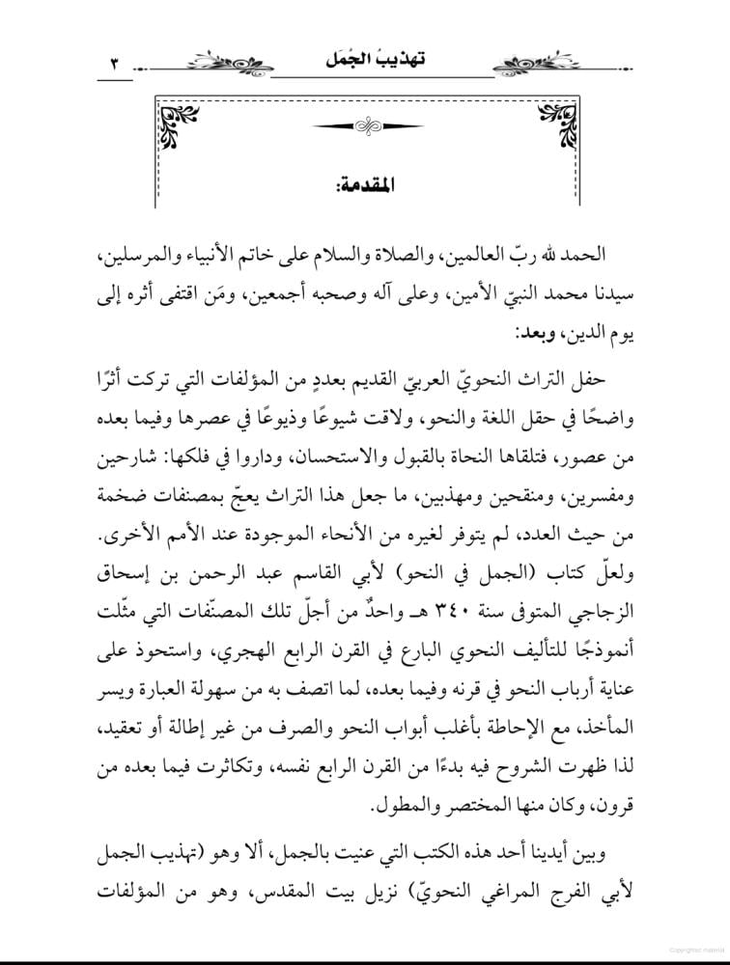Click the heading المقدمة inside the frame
click(x=364, y=183)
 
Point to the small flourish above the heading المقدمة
click(x=364, y=125)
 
